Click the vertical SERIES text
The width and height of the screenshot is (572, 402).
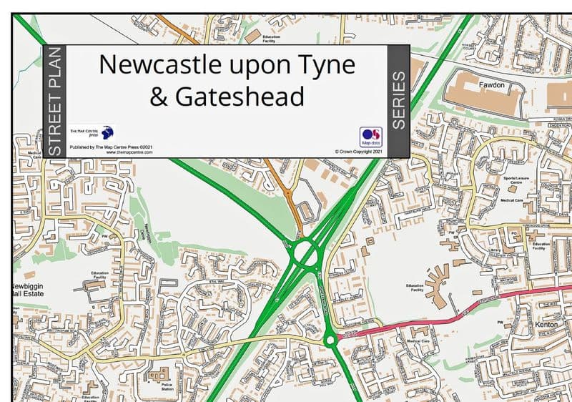(x=398, y=100)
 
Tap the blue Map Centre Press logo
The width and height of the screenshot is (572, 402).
(x=107, y=132)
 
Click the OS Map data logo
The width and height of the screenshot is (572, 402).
(x=371, y=136)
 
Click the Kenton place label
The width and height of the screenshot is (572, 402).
(x=546, y=325)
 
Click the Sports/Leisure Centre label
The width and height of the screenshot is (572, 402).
(x=513, y=179)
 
